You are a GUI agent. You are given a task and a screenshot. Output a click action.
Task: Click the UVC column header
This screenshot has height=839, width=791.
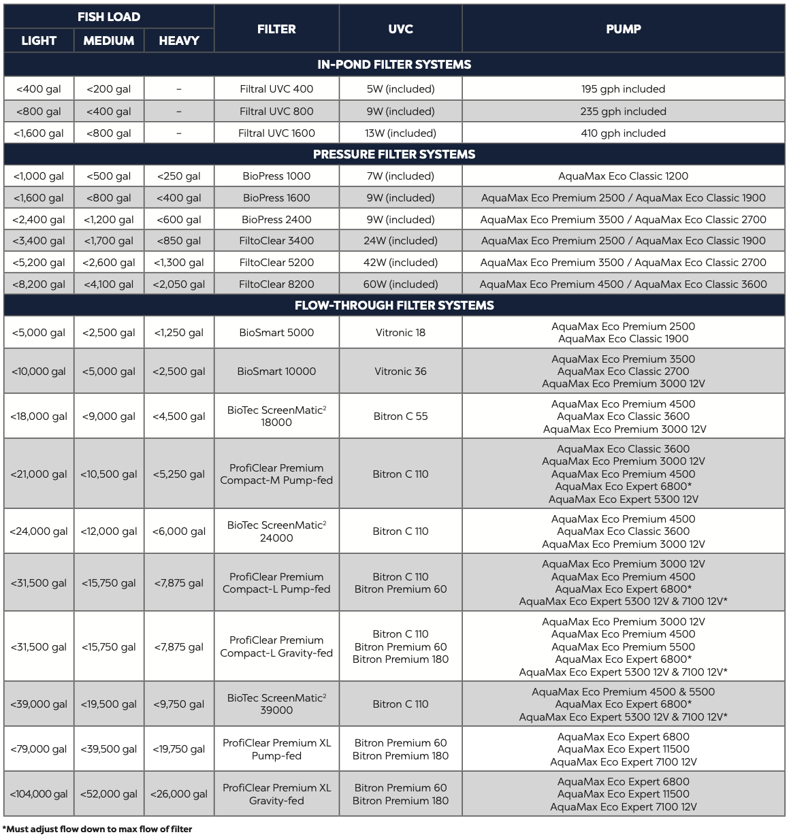[400, 29]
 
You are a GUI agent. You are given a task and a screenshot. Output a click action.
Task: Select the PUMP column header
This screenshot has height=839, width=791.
[623, 29]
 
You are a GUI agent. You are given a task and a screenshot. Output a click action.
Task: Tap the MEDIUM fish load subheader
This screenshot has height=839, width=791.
[109, 41]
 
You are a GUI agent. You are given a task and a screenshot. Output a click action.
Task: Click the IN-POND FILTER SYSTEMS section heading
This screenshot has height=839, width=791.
[394, 65]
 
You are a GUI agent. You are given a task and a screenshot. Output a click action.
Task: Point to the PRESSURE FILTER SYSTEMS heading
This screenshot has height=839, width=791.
[394, 154]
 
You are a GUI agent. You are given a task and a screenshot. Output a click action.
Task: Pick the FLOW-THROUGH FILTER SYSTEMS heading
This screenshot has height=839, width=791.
[394, 306]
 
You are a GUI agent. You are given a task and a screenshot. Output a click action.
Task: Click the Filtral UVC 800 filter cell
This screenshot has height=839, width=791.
[276, 112]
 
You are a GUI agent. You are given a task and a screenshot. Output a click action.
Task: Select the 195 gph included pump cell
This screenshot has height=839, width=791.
[623, 89]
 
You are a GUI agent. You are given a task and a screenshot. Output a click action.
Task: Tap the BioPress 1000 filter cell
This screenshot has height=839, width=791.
[276, 176]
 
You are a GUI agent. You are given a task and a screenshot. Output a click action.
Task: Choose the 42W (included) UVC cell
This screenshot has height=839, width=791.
[400, 263]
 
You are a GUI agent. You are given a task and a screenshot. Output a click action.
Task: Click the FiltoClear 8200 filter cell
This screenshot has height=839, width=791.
[276, 284]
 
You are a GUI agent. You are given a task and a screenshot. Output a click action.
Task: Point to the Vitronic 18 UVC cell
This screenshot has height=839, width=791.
[400, 333]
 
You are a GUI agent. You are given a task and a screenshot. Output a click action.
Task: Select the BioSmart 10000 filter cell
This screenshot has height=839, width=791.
[276, 372]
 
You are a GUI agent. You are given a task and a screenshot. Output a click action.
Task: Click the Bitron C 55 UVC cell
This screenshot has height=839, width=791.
[400, 416]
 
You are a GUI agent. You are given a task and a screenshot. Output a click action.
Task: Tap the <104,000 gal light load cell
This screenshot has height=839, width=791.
[39, 794]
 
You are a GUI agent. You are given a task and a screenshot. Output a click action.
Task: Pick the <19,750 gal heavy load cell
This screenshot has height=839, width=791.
[178, 749]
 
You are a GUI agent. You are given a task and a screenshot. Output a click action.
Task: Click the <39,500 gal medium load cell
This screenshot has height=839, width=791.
[109, 749]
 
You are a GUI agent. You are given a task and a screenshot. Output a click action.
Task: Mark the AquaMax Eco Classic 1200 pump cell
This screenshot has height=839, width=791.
[623, 176]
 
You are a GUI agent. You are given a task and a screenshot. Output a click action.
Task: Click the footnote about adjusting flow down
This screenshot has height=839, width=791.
[97, 829]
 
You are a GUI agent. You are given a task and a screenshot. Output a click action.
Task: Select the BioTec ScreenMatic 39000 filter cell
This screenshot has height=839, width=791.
[276, 704]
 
